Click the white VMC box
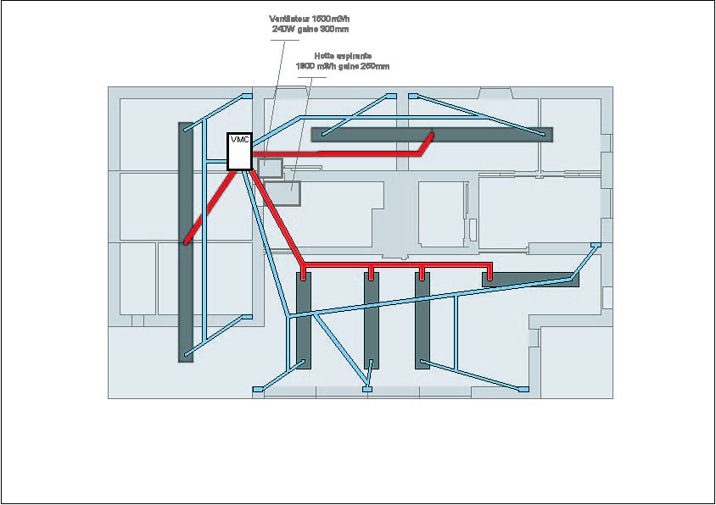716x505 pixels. pos(238,151)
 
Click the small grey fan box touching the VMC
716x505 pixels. pos(270,165)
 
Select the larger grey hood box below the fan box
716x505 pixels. pos(282,193)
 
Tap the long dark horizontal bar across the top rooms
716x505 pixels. pos(492,133)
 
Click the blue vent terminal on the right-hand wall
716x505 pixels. pos(596,245)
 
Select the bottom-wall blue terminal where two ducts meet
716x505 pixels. pos(367,389)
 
